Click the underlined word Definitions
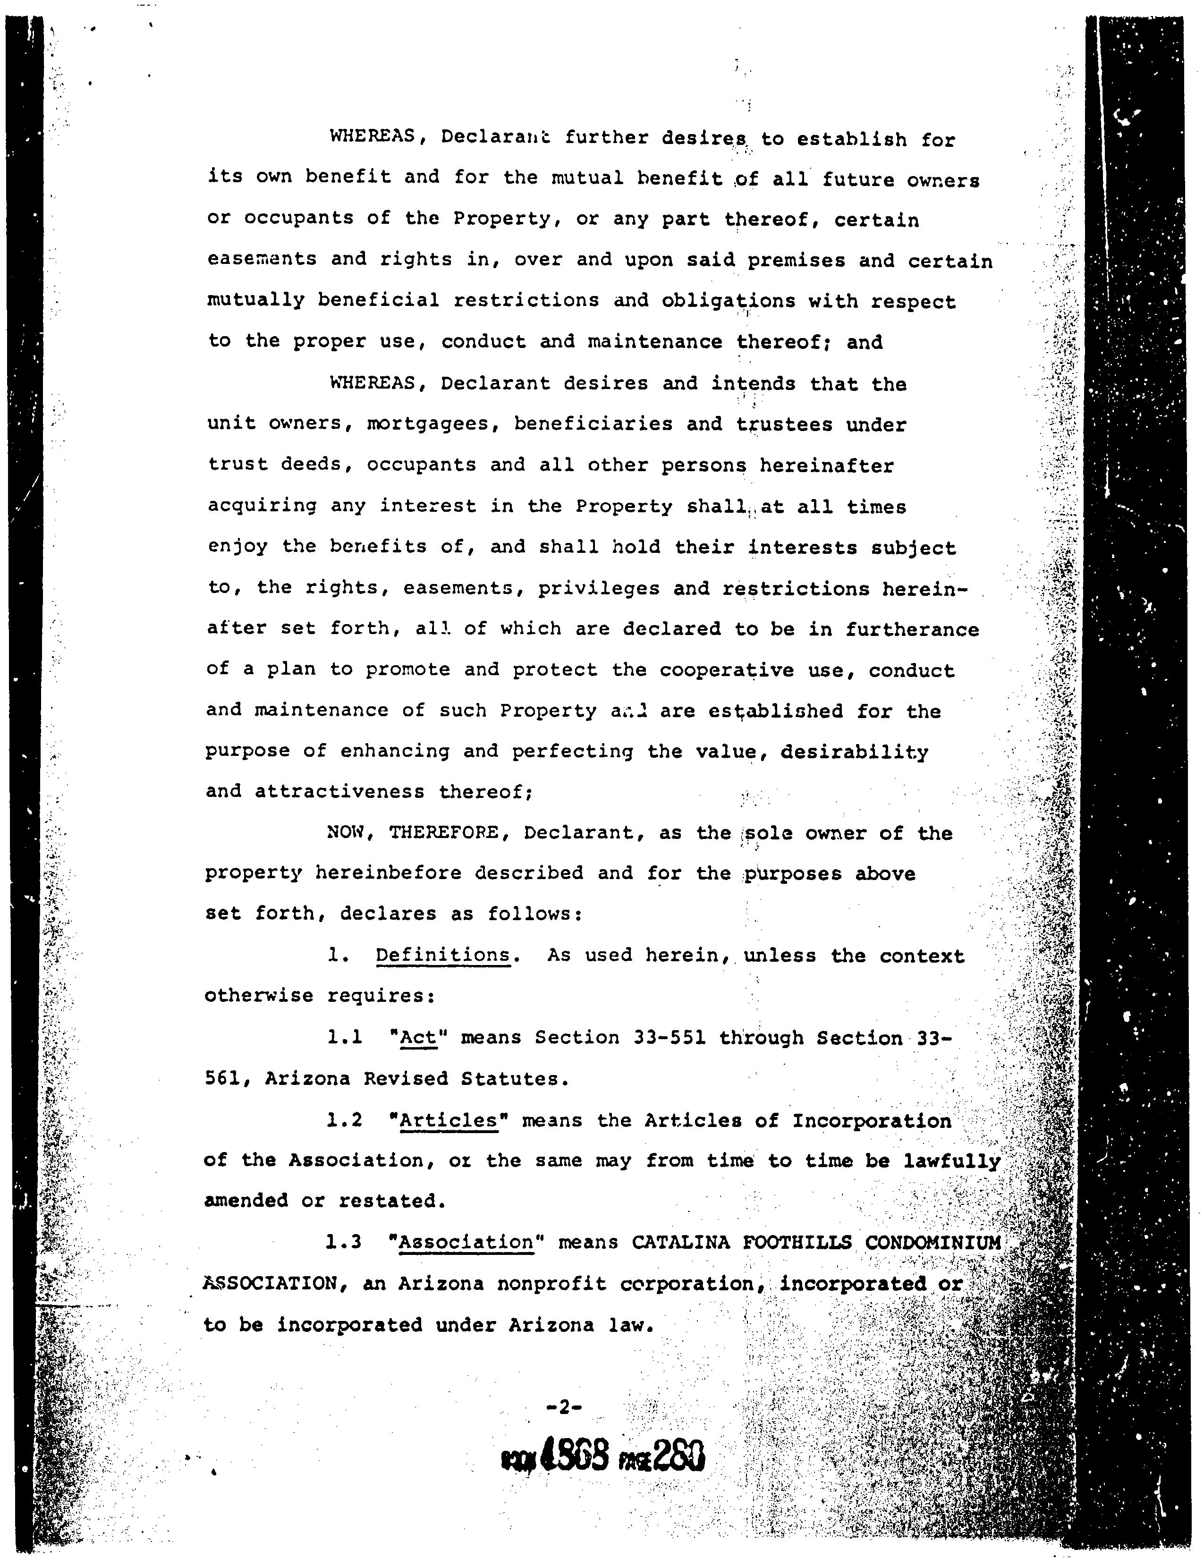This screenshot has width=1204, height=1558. coord(443,955)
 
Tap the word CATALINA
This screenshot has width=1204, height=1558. coord(680,1242)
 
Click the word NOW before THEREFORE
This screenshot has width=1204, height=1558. coord(346,832)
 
